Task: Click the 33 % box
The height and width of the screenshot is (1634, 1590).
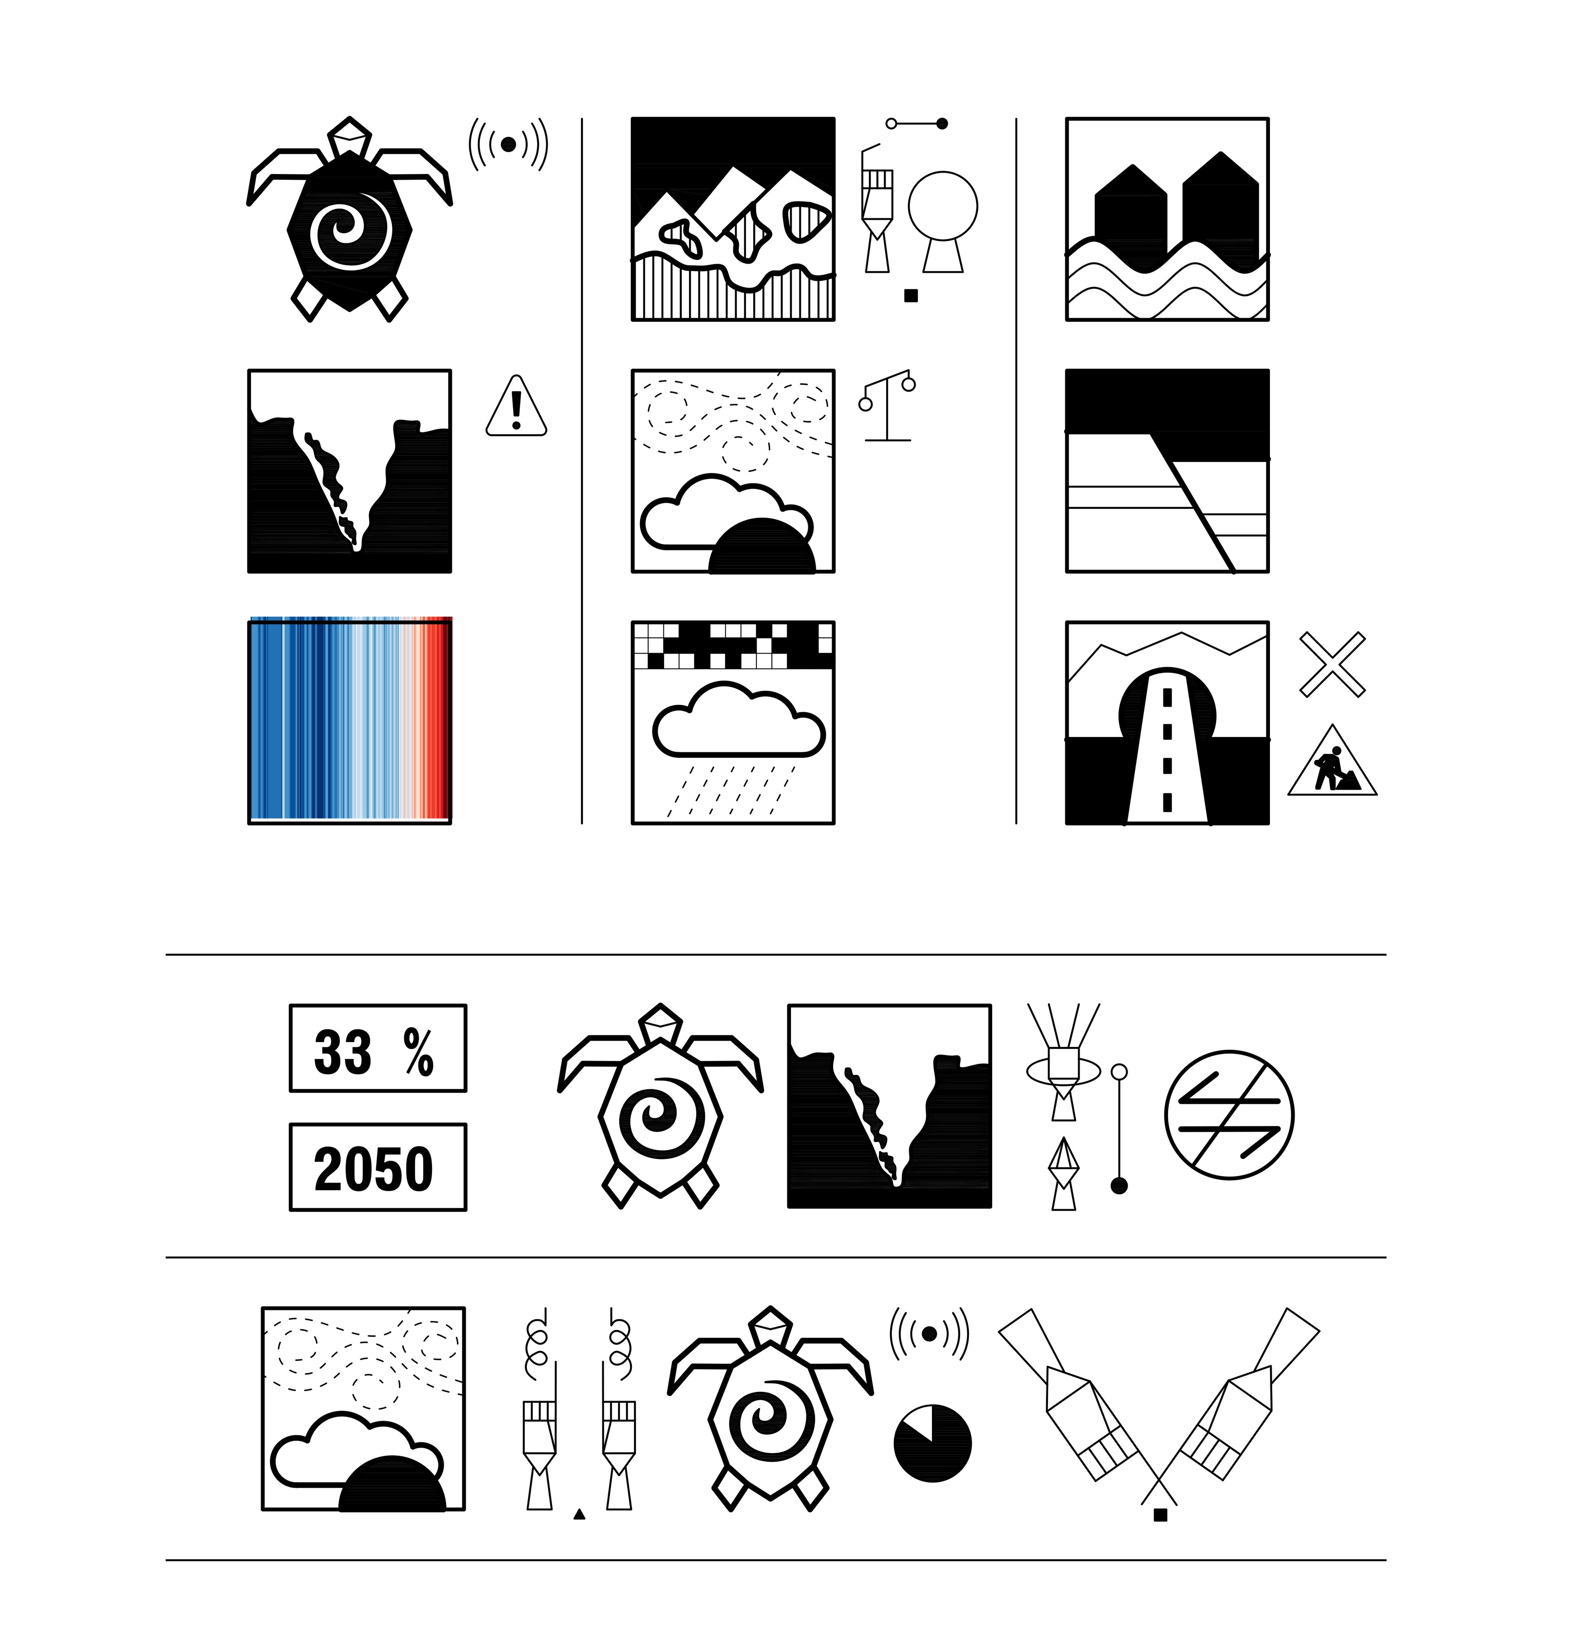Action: (x=378, y=1048)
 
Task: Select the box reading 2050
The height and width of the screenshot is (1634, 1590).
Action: (x=378, y=1166)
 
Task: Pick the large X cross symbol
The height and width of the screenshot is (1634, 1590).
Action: (x=1333, y=664)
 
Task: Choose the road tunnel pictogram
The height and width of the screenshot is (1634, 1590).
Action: (x=1168, y=722)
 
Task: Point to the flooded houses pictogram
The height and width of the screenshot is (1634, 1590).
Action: (x=1168, y=219)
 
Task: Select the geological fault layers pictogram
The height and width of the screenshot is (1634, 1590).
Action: (x=1168, y=471)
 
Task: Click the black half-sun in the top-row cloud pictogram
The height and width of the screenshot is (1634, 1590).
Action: (x=761, y=546)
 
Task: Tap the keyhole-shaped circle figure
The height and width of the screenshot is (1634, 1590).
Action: (x=943, y=221)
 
